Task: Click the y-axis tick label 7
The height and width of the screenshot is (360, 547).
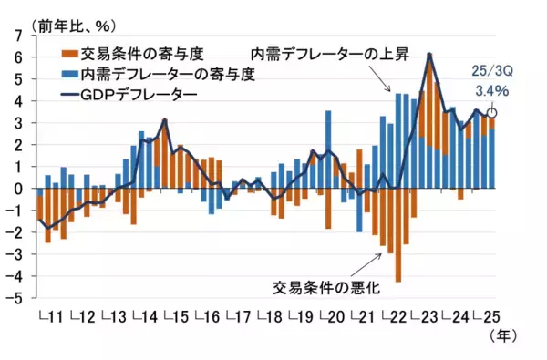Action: coord(17,36)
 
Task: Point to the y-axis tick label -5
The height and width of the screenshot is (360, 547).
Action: coord(15,298)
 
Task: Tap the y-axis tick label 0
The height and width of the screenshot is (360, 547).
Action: coord(17,189)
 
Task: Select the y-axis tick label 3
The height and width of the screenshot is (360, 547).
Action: coord(17,123)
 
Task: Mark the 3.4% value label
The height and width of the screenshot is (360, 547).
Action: coord(492,91)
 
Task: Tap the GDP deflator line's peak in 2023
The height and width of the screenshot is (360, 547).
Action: coord(429,55)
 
